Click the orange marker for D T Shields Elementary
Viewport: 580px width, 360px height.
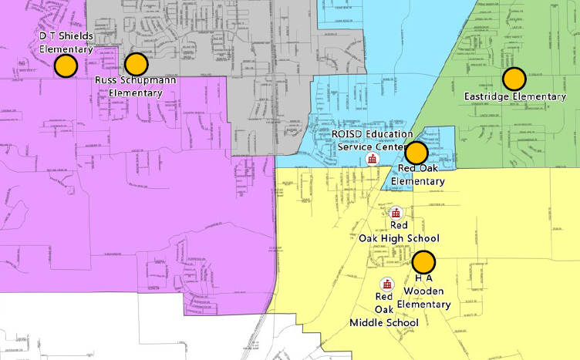pos(66,66)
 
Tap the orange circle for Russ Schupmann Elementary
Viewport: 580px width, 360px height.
pos(136,65)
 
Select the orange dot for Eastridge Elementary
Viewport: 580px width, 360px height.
pos(514,79)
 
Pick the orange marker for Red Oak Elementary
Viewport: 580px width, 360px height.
pos(416,153)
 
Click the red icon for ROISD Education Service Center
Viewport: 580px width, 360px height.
pos(372,159)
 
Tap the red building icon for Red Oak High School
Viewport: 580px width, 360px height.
pos(396,213)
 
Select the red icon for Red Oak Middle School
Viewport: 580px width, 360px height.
pos(387,283)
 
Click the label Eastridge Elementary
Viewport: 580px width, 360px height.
pos(514,97)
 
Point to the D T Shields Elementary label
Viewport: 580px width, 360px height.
pos(66,42)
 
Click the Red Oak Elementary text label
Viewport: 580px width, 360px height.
pos(417,175)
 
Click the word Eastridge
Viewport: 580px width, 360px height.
pos(487,97)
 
